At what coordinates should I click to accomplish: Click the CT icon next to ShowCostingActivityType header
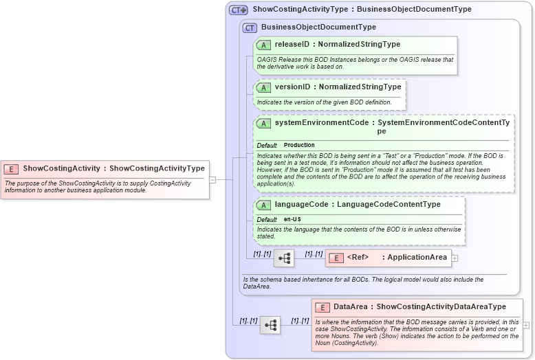click(x=239, y=10)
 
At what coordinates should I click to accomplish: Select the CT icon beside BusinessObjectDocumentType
click(x=250, y=27)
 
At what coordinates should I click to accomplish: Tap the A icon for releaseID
click(x=263, y=45)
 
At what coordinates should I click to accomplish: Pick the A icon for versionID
click(x=263, y=87)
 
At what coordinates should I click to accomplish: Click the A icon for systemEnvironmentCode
click(x=263, y=124)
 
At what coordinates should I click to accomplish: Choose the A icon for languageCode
click(x=263, y=205)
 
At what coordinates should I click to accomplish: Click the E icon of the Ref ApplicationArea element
click(x=336, y=258)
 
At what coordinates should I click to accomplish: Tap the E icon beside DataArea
click(x=323, y=307)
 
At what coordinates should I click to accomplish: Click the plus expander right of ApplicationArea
click(x=455, y=258)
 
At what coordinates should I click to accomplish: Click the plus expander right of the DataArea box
click(x=526, y=325)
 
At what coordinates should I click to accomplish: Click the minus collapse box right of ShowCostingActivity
click(x=212, y=180)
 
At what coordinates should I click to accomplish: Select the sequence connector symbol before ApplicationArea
click(x=284, y=258)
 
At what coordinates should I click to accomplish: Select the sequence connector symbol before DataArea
click(x=270, y=325)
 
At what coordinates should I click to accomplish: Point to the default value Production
click(x=299, y=146)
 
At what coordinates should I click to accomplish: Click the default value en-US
click(x=292, y=219)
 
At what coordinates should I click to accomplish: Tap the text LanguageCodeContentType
click(x=389, y=205)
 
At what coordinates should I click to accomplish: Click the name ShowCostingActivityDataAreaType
click(x=441, y=307)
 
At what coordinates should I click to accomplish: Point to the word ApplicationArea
click(x=417, y=258)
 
